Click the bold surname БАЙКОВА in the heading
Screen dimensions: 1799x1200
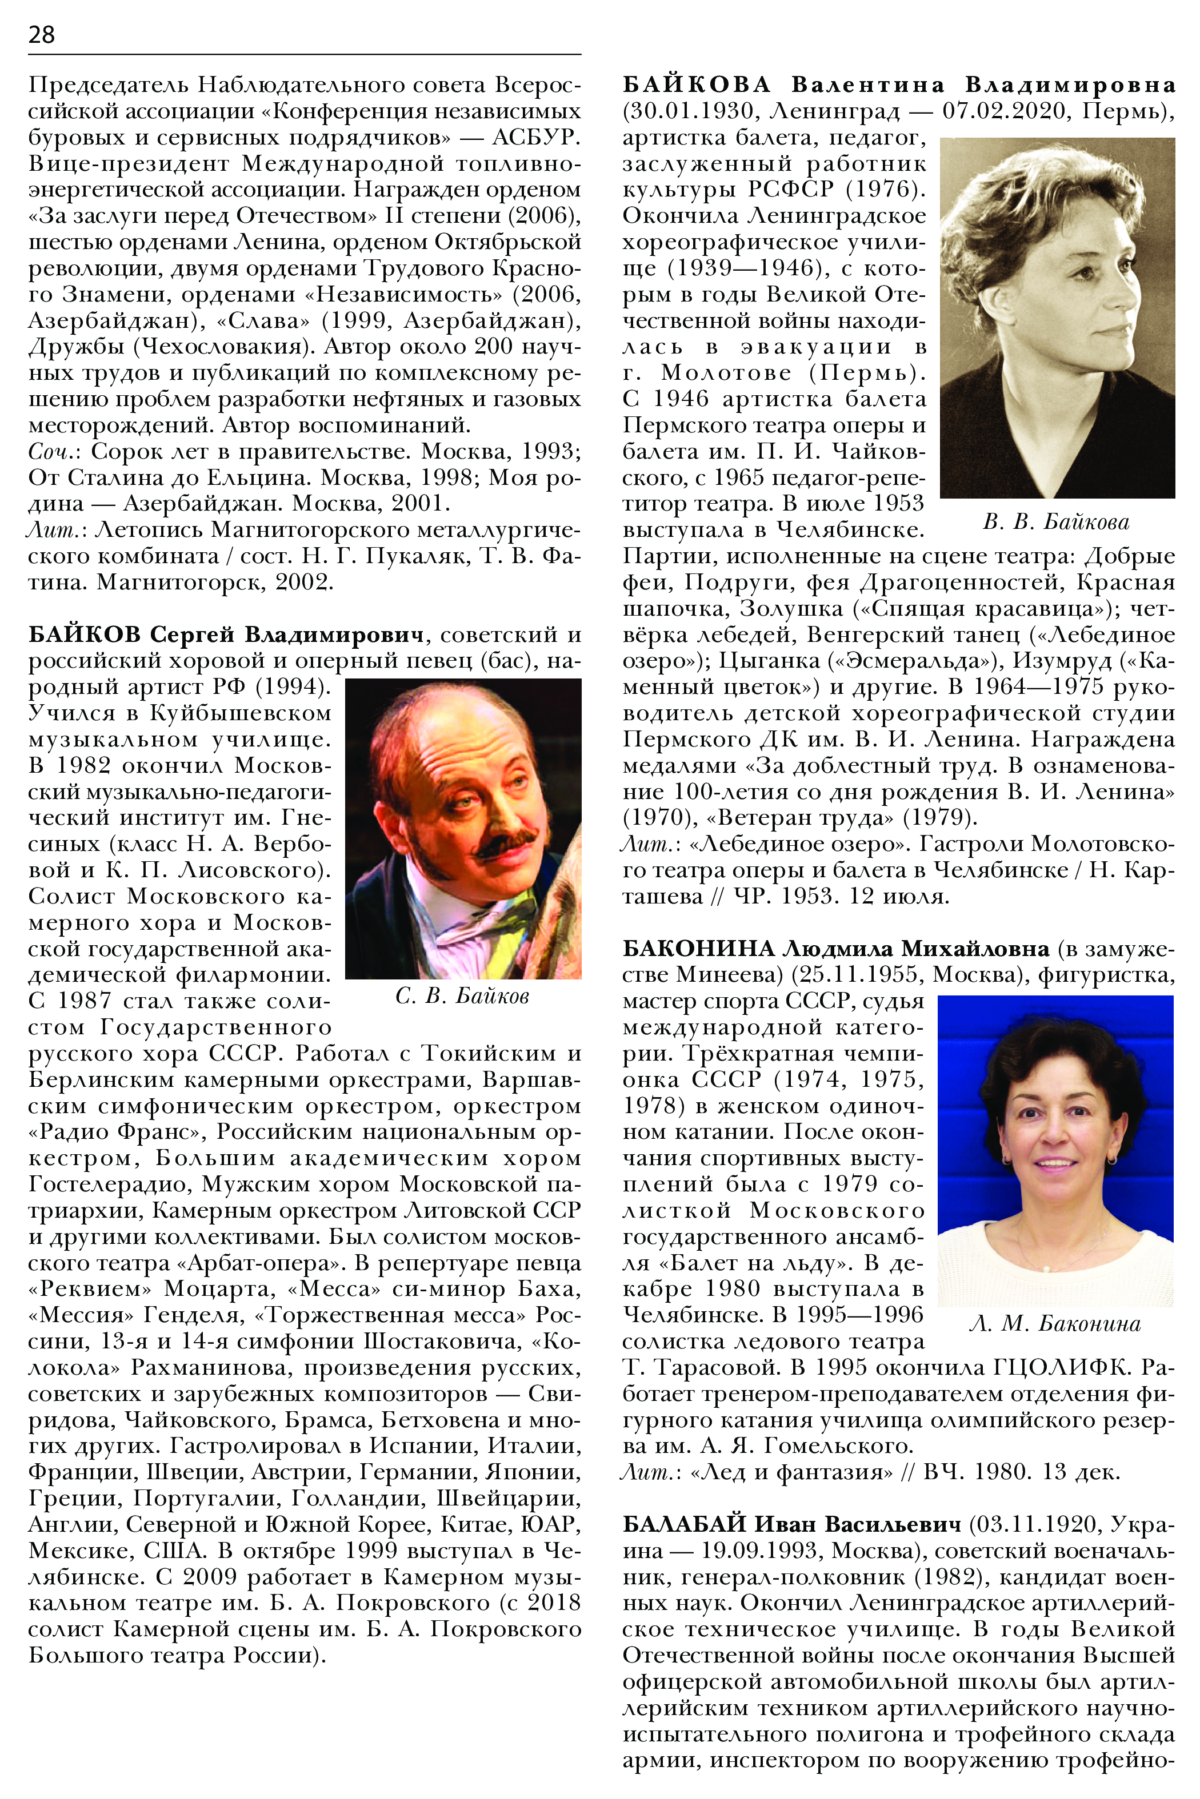697,85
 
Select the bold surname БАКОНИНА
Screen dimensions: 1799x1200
699,949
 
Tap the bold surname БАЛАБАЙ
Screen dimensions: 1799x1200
684,1524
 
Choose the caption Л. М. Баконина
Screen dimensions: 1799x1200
1055,1324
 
